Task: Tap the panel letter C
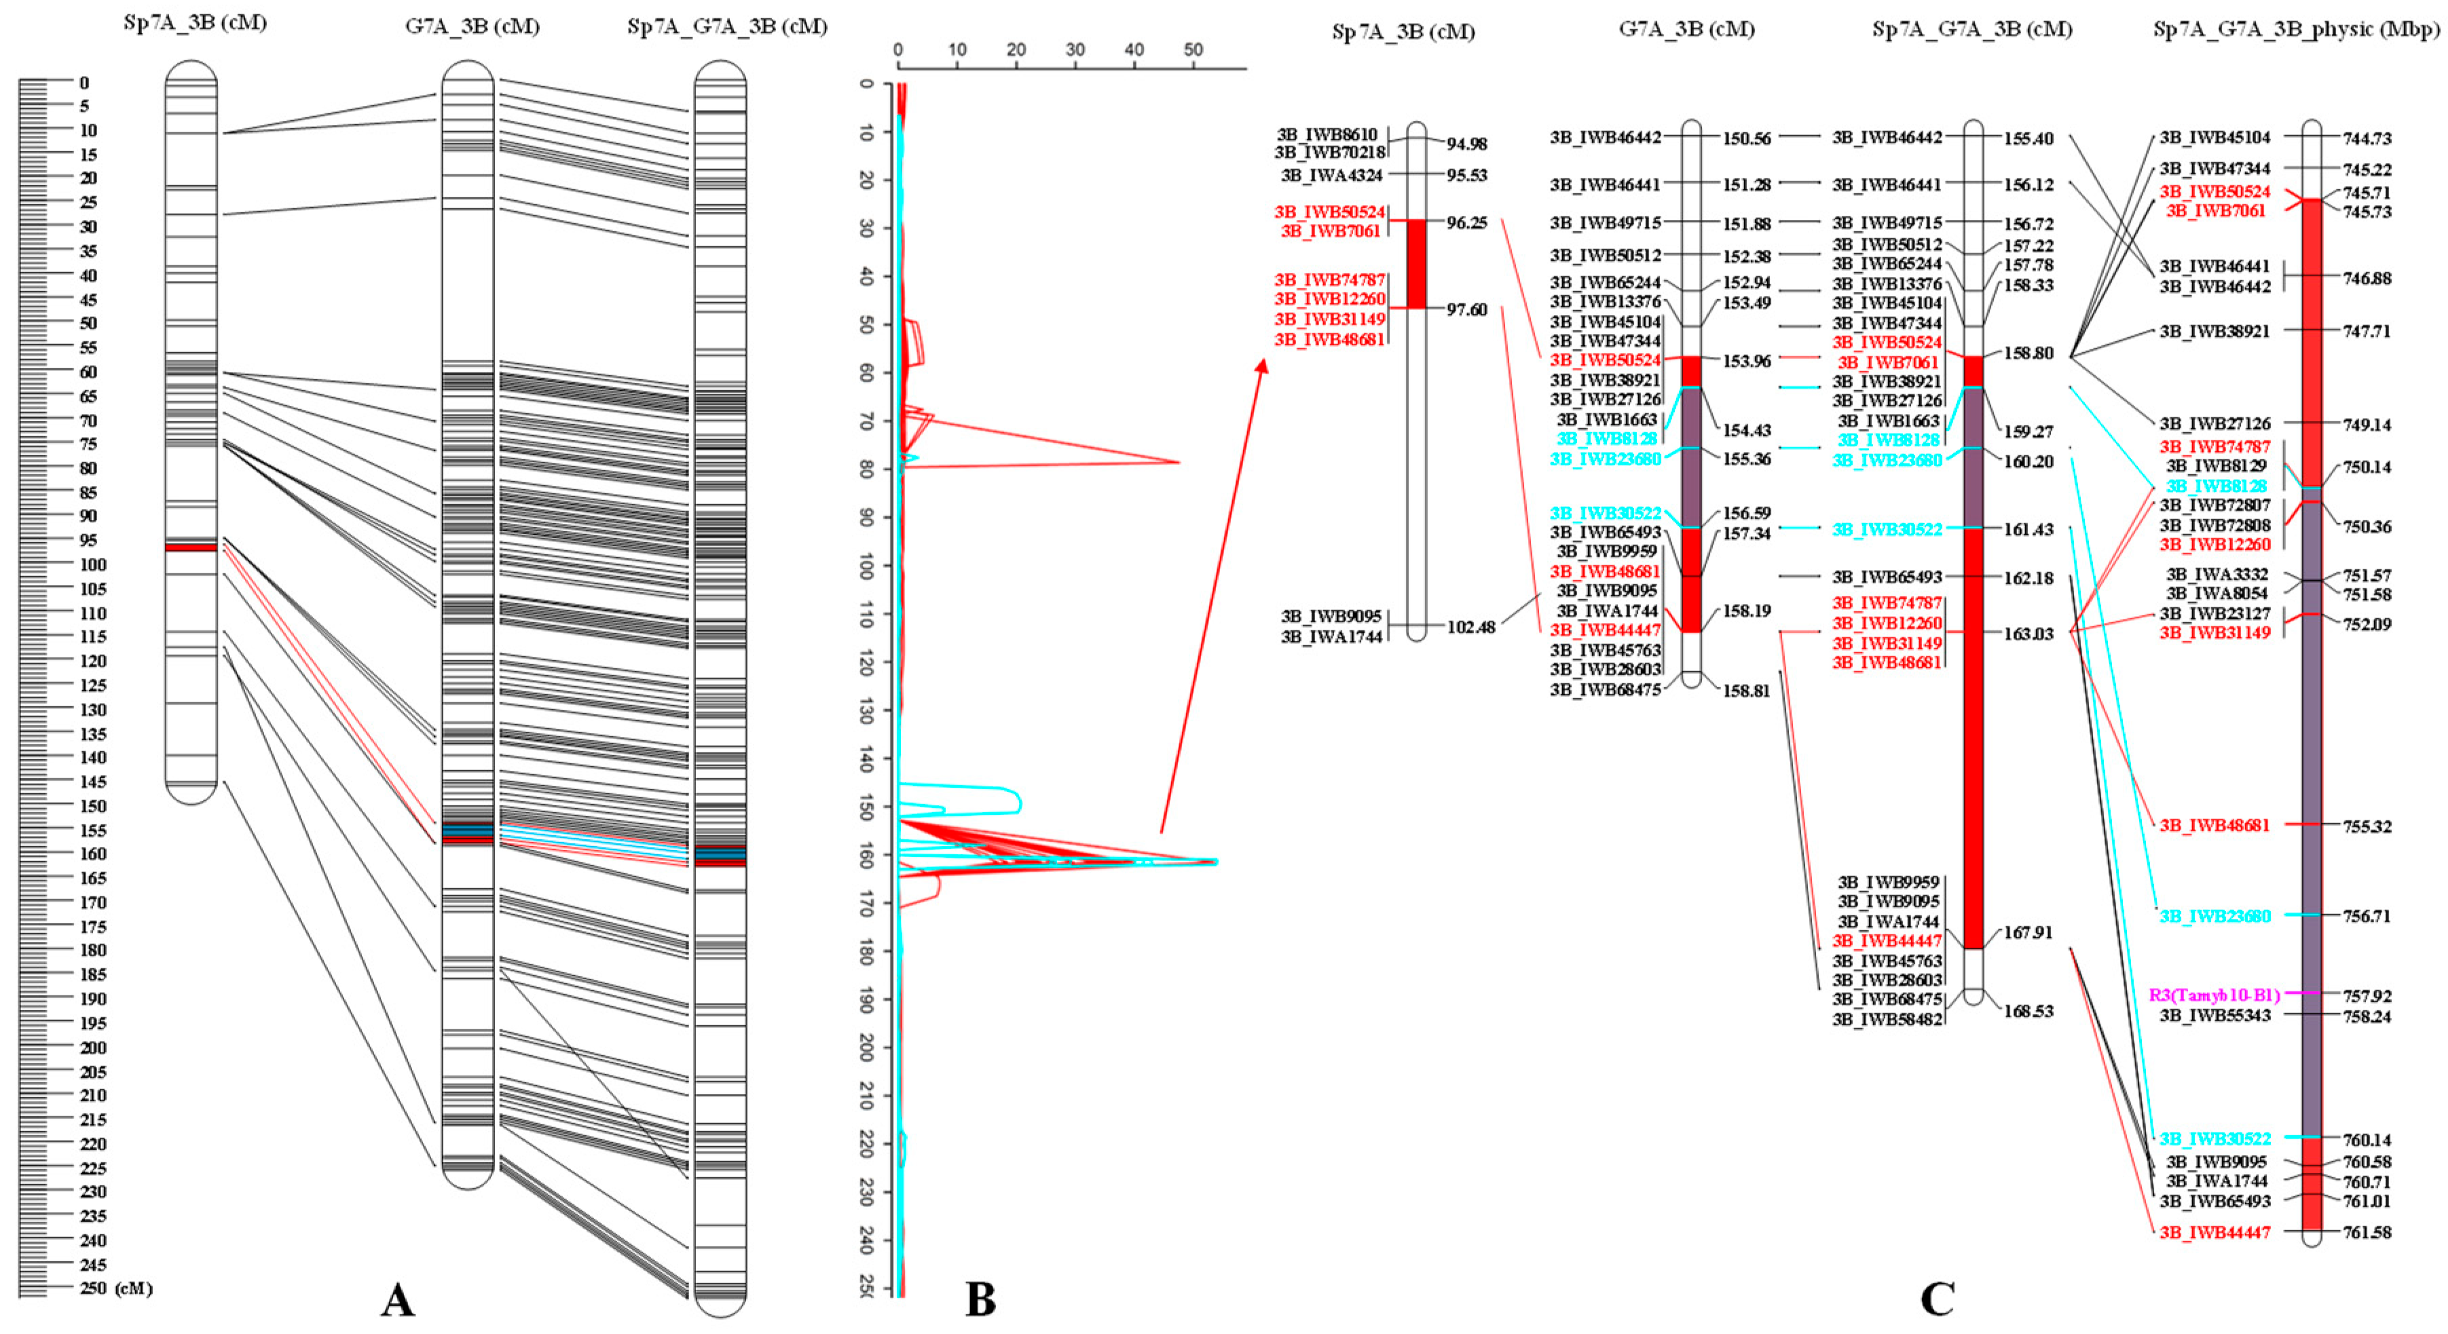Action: click(x=1937, y=1298)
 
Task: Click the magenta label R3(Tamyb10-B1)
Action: click(x=2214, y=995)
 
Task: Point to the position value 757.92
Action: click(x=2367, y=995)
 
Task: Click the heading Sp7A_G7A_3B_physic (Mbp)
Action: click(x=2295, y=29)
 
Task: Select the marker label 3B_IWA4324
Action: click(x=1331, y=175)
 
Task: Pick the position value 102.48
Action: click(x=1471, y=627)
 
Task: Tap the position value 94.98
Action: click(x=1466, y=143)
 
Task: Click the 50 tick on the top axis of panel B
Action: click(x=1193, y=50)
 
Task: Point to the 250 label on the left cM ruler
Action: click(x=93, y=1289)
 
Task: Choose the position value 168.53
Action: click(x=2028, y=1011)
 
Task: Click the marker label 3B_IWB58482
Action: click(x=1887, y=1020)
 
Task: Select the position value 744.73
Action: click(x=2367, y=138)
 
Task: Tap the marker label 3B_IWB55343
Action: click(x=2214, y=1015)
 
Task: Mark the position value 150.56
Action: click(x=1747, y=138)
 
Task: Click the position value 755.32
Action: click(x=2367, y=826)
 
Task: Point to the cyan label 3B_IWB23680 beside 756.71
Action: click(x=2214, y=916)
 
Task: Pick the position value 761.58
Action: click(x=2367, y=1232)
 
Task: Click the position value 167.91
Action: click(x=2028, y=932)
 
